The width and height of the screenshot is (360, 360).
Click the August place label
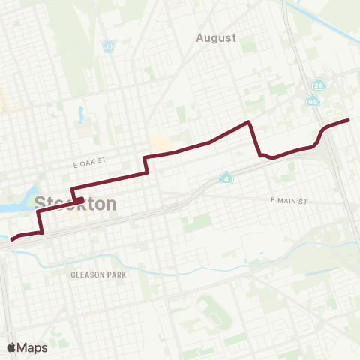point(215,37)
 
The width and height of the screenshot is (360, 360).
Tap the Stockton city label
point(75,203)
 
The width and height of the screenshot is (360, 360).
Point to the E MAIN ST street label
point(289,202)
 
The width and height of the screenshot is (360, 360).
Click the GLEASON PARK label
point(98,274)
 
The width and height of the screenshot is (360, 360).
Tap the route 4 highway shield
point(226,178)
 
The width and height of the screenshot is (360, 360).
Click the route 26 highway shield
point(319,85)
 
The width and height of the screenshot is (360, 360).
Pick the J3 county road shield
point(109,46)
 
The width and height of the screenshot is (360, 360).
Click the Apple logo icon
point(12,347)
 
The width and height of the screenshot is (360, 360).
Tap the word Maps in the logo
point(32,348)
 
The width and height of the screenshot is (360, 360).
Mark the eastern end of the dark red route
point(348,120)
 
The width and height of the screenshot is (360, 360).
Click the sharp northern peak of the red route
point(247,121)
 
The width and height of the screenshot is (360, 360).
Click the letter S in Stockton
point(40,203)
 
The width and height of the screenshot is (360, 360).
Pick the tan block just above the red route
point(159,143)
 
